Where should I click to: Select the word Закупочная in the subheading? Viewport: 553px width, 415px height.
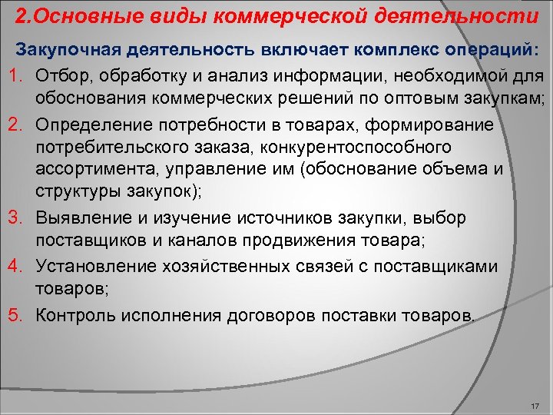(67, 51)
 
